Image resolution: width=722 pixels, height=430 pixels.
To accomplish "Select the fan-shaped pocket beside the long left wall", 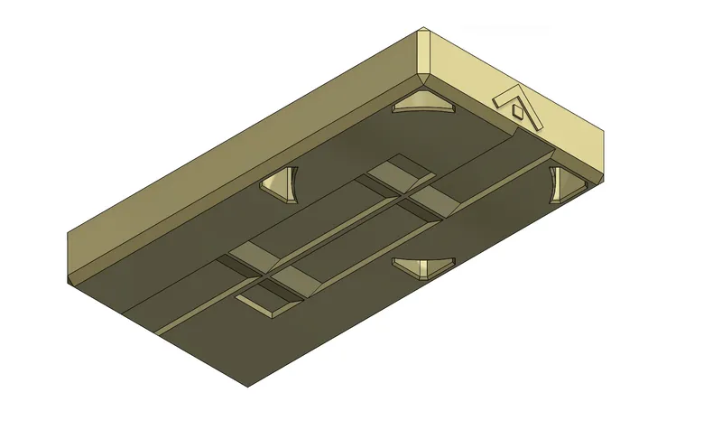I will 281,184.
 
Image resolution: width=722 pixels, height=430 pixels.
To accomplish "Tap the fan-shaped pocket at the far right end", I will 567,182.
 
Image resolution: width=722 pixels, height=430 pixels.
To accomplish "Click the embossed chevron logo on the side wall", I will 517,107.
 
